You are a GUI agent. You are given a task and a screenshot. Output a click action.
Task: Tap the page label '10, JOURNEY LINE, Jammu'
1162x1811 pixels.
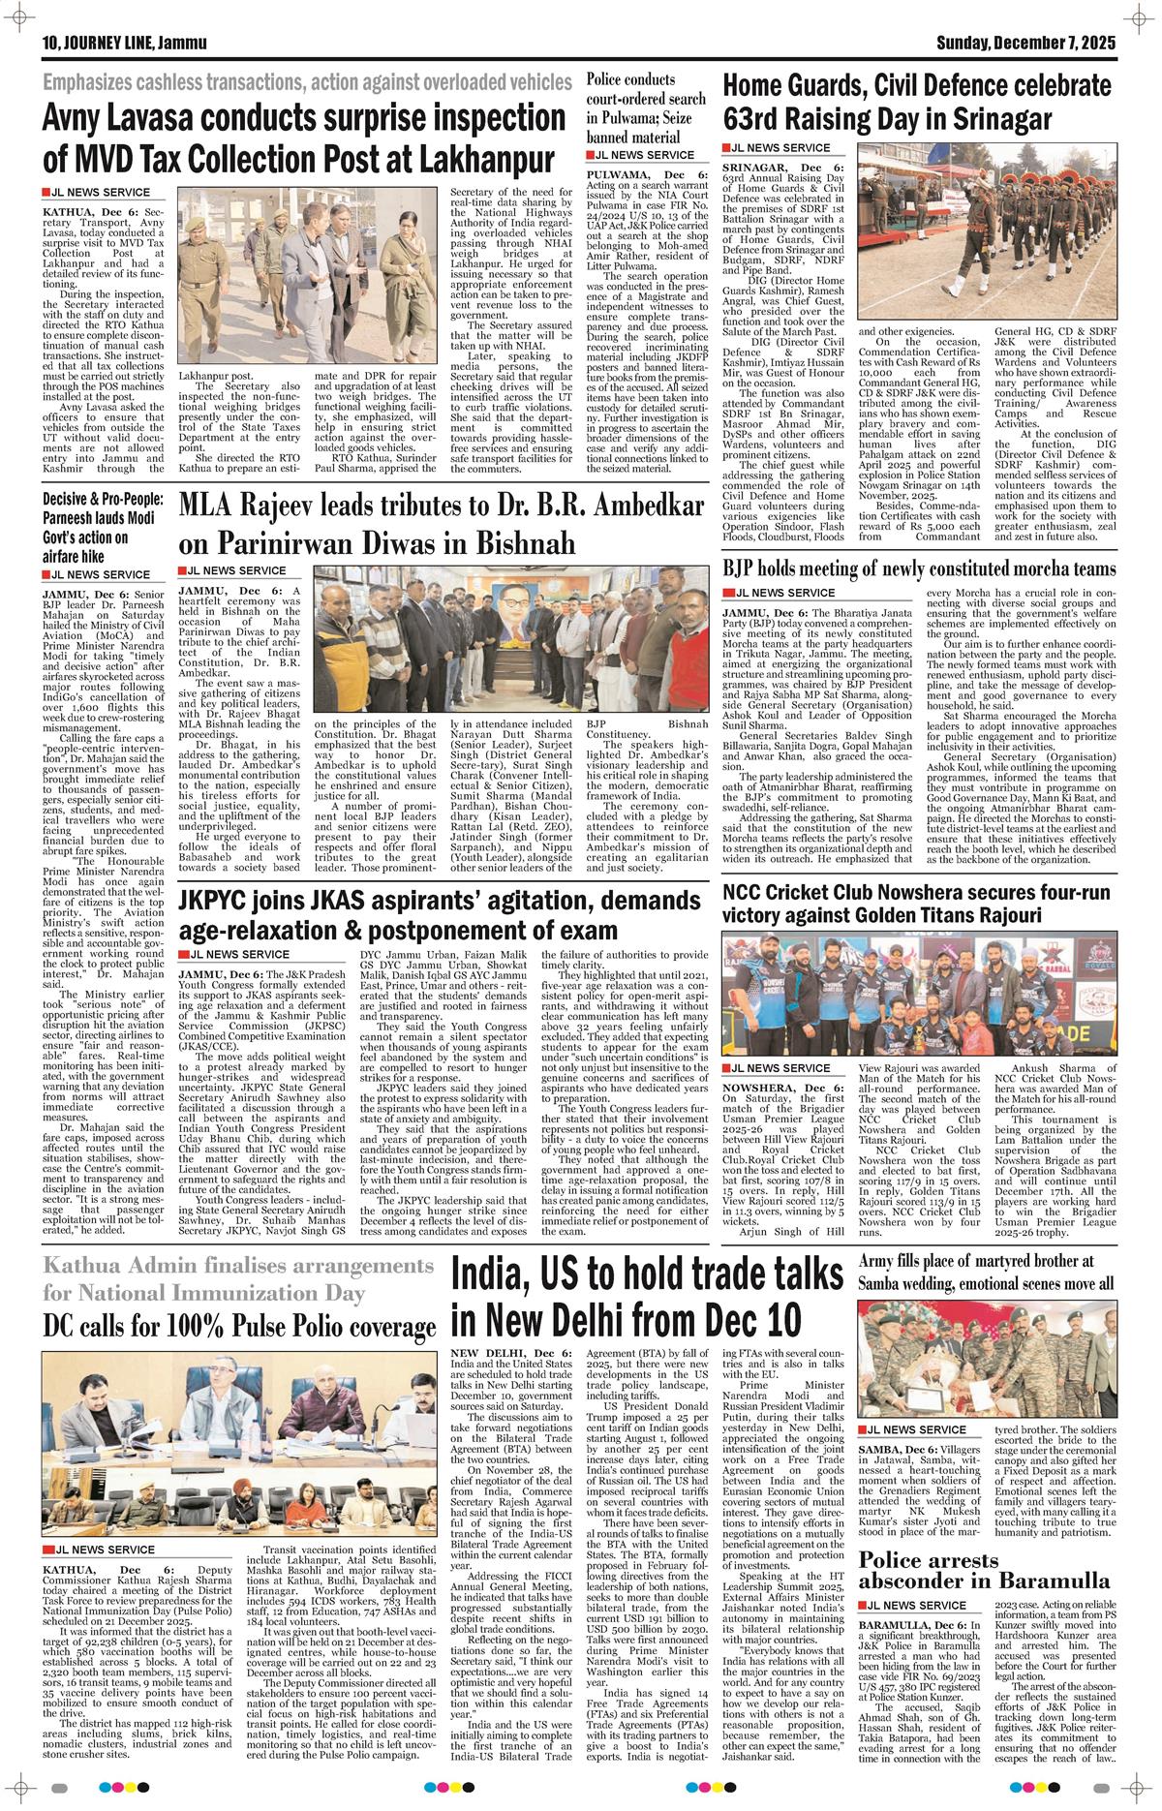[x=117, y=43]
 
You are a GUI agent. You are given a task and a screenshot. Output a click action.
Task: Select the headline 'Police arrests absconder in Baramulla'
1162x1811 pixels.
[x=985, y=1579]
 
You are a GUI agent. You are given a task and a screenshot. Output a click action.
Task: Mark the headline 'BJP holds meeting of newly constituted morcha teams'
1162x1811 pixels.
[x=919, y=568]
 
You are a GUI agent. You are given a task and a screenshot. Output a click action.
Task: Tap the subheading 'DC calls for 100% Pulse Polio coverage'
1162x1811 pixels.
[x=239, y=1325]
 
